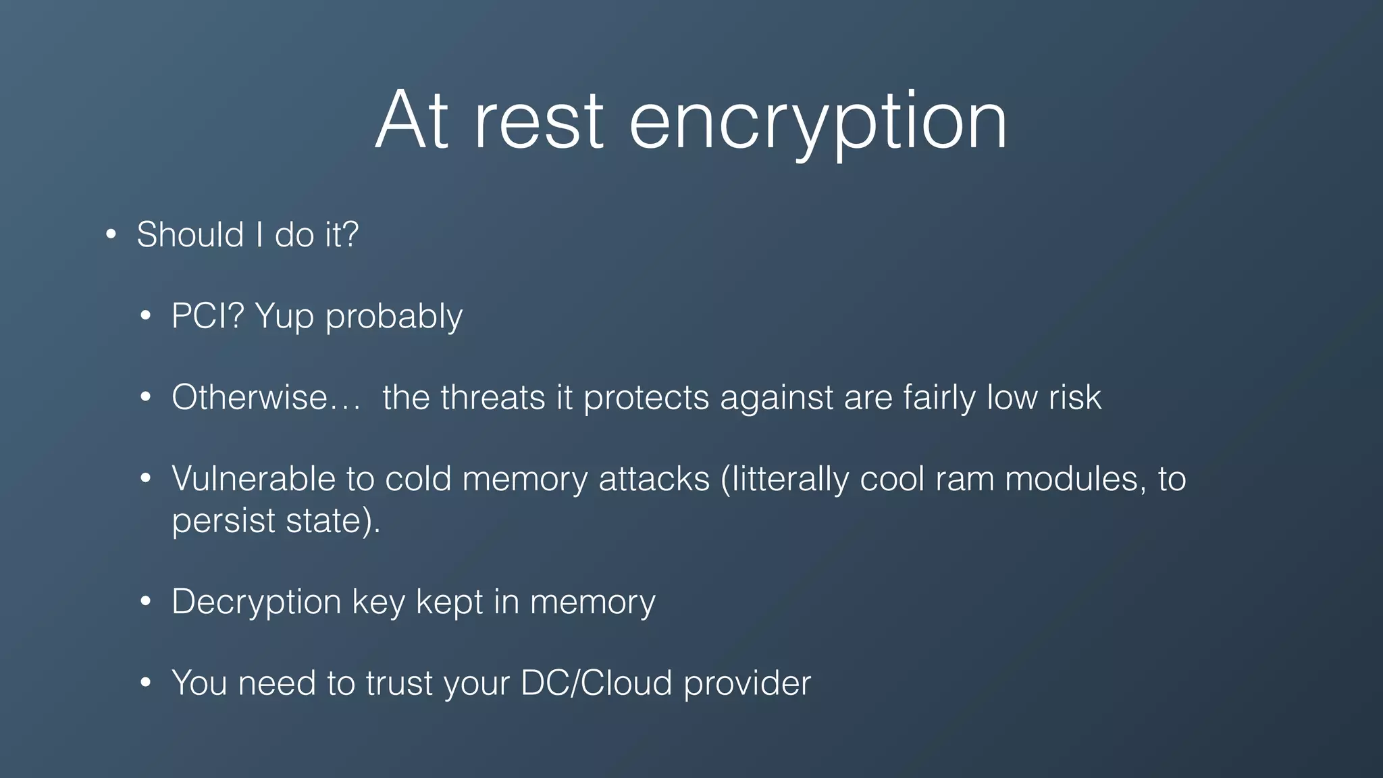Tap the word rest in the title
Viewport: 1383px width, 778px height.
(x=538, y=122)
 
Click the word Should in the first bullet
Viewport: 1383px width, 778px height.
(x=190, y=235)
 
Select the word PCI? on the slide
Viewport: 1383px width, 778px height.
(x=207, y=316)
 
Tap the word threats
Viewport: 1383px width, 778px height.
(x=493, y=397)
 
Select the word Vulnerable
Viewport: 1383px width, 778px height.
(x=253, y=479)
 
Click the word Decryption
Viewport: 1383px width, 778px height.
(x=256, y=602)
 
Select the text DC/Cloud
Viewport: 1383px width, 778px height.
(x=596, y=683)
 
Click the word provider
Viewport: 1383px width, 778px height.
(x=747, y=683)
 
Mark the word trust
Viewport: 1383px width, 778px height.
(x=398, y=683)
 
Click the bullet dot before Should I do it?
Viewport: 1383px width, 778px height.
(x=111, y=235)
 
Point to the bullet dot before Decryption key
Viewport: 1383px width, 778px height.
(x=145, y=602)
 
